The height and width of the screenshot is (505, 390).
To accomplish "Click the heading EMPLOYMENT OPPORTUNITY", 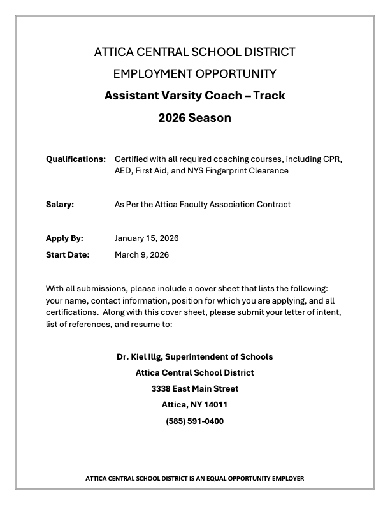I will click(194, 73).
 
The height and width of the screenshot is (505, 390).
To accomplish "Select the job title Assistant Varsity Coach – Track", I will click(194, 96).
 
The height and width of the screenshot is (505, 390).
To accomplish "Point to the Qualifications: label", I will click(75, 158).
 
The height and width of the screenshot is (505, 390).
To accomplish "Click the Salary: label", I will click(60, 205).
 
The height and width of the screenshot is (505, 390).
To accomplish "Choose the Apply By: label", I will click(64, 238).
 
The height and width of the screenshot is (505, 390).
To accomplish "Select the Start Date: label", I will click(68, 254).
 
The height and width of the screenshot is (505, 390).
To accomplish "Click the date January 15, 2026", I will click(147, 238).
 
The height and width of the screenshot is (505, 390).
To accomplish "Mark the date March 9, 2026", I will click(141, 254).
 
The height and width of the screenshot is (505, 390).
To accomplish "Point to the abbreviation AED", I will click(124, 171).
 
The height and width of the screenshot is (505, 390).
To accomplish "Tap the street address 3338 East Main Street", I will click(194, 388).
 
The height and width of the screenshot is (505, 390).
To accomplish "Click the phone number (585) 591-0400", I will click(194, 421).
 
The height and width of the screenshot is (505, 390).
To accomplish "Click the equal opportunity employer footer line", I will click(194, 478).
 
